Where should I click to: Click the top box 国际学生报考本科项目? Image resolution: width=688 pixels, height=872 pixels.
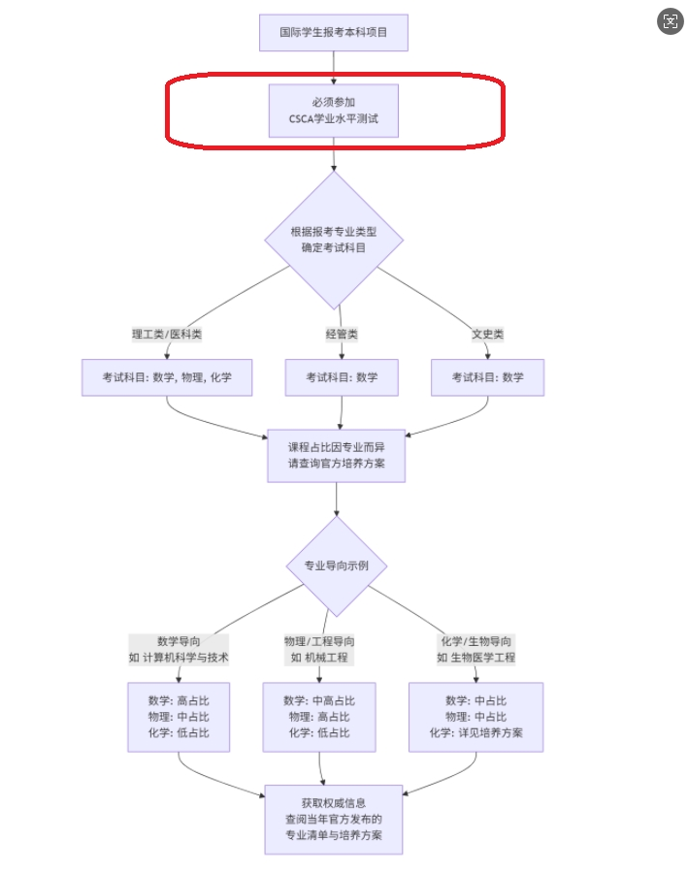coord(333,32)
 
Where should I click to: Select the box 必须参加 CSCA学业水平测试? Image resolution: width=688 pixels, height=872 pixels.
coord(333,111)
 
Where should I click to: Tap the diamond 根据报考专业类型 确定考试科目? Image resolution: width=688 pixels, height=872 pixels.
coord(334,240)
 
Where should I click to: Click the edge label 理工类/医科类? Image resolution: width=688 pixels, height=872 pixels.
coord(167,335)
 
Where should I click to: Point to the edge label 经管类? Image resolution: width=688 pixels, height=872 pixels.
coord(342,335)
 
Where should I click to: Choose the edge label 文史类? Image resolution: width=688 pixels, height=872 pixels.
coord(487,335)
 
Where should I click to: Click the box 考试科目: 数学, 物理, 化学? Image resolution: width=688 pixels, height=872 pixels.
coord(167,377)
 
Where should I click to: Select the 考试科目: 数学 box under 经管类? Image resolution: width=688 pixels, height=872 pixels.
coord(342,377)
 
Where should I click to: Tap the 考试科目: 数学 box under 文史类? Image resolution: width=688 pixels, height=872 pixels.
coord(487,377)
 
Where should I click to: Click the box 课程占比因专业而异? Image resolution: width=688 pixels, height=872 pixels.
coord(336,456)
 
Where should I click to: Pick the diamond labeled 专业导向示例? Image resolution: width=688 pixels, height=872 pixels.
coord(337,566)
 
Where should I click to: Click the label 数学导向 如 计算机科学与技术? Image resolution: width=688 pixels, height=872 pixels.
coord(179,649)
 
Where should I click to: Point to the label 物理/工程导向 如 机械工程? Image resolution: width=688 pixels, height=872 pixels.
coord(319,649)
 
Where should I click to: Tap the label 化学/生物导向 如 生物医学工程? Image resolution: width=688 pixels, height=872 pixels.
coord(475,649)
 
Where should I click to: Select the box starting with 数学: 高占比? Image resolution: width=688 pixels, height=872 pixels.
coord(179,717)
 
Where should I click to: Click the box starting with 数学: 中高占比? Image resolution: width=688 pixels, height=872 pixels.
coord(319,717)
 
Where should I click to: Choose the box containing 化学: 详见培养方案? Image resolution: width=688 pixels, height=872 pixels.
coord(475,717)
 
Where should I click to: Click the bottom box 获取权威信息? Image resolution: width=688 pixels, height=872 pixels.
coord(334,819)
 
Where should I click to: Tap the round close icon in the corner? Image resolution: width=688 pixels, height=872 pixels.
coord(670,21)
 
